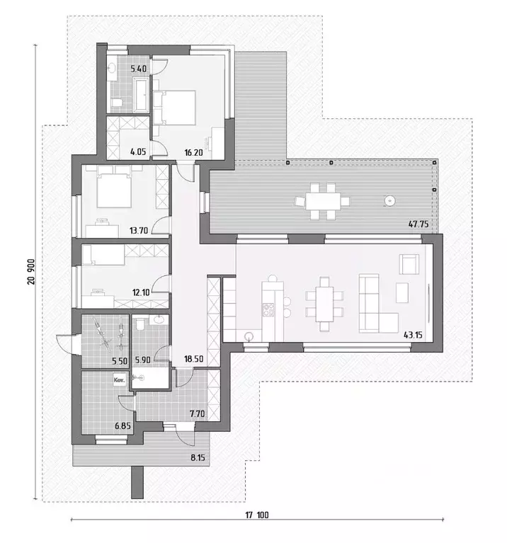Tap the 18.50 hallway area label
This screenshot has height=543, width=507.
(193, 359)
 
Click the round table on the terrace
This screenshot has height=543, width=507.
(389, 200)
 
